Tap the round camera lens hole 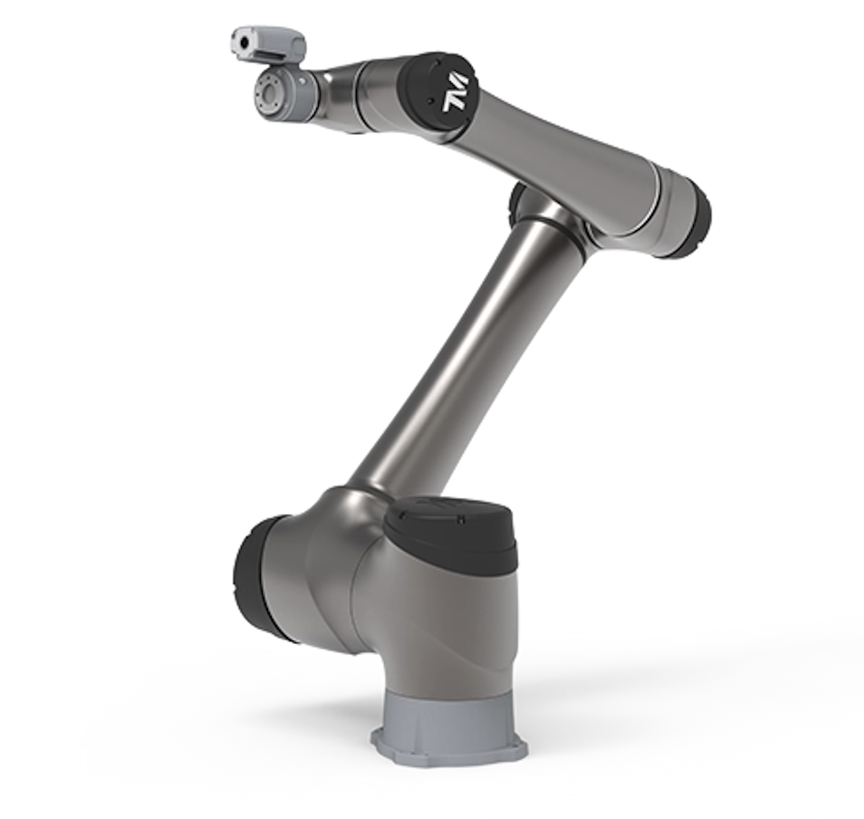243,42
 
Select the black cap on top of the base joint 452,529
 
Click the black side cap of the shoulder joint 259,578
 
